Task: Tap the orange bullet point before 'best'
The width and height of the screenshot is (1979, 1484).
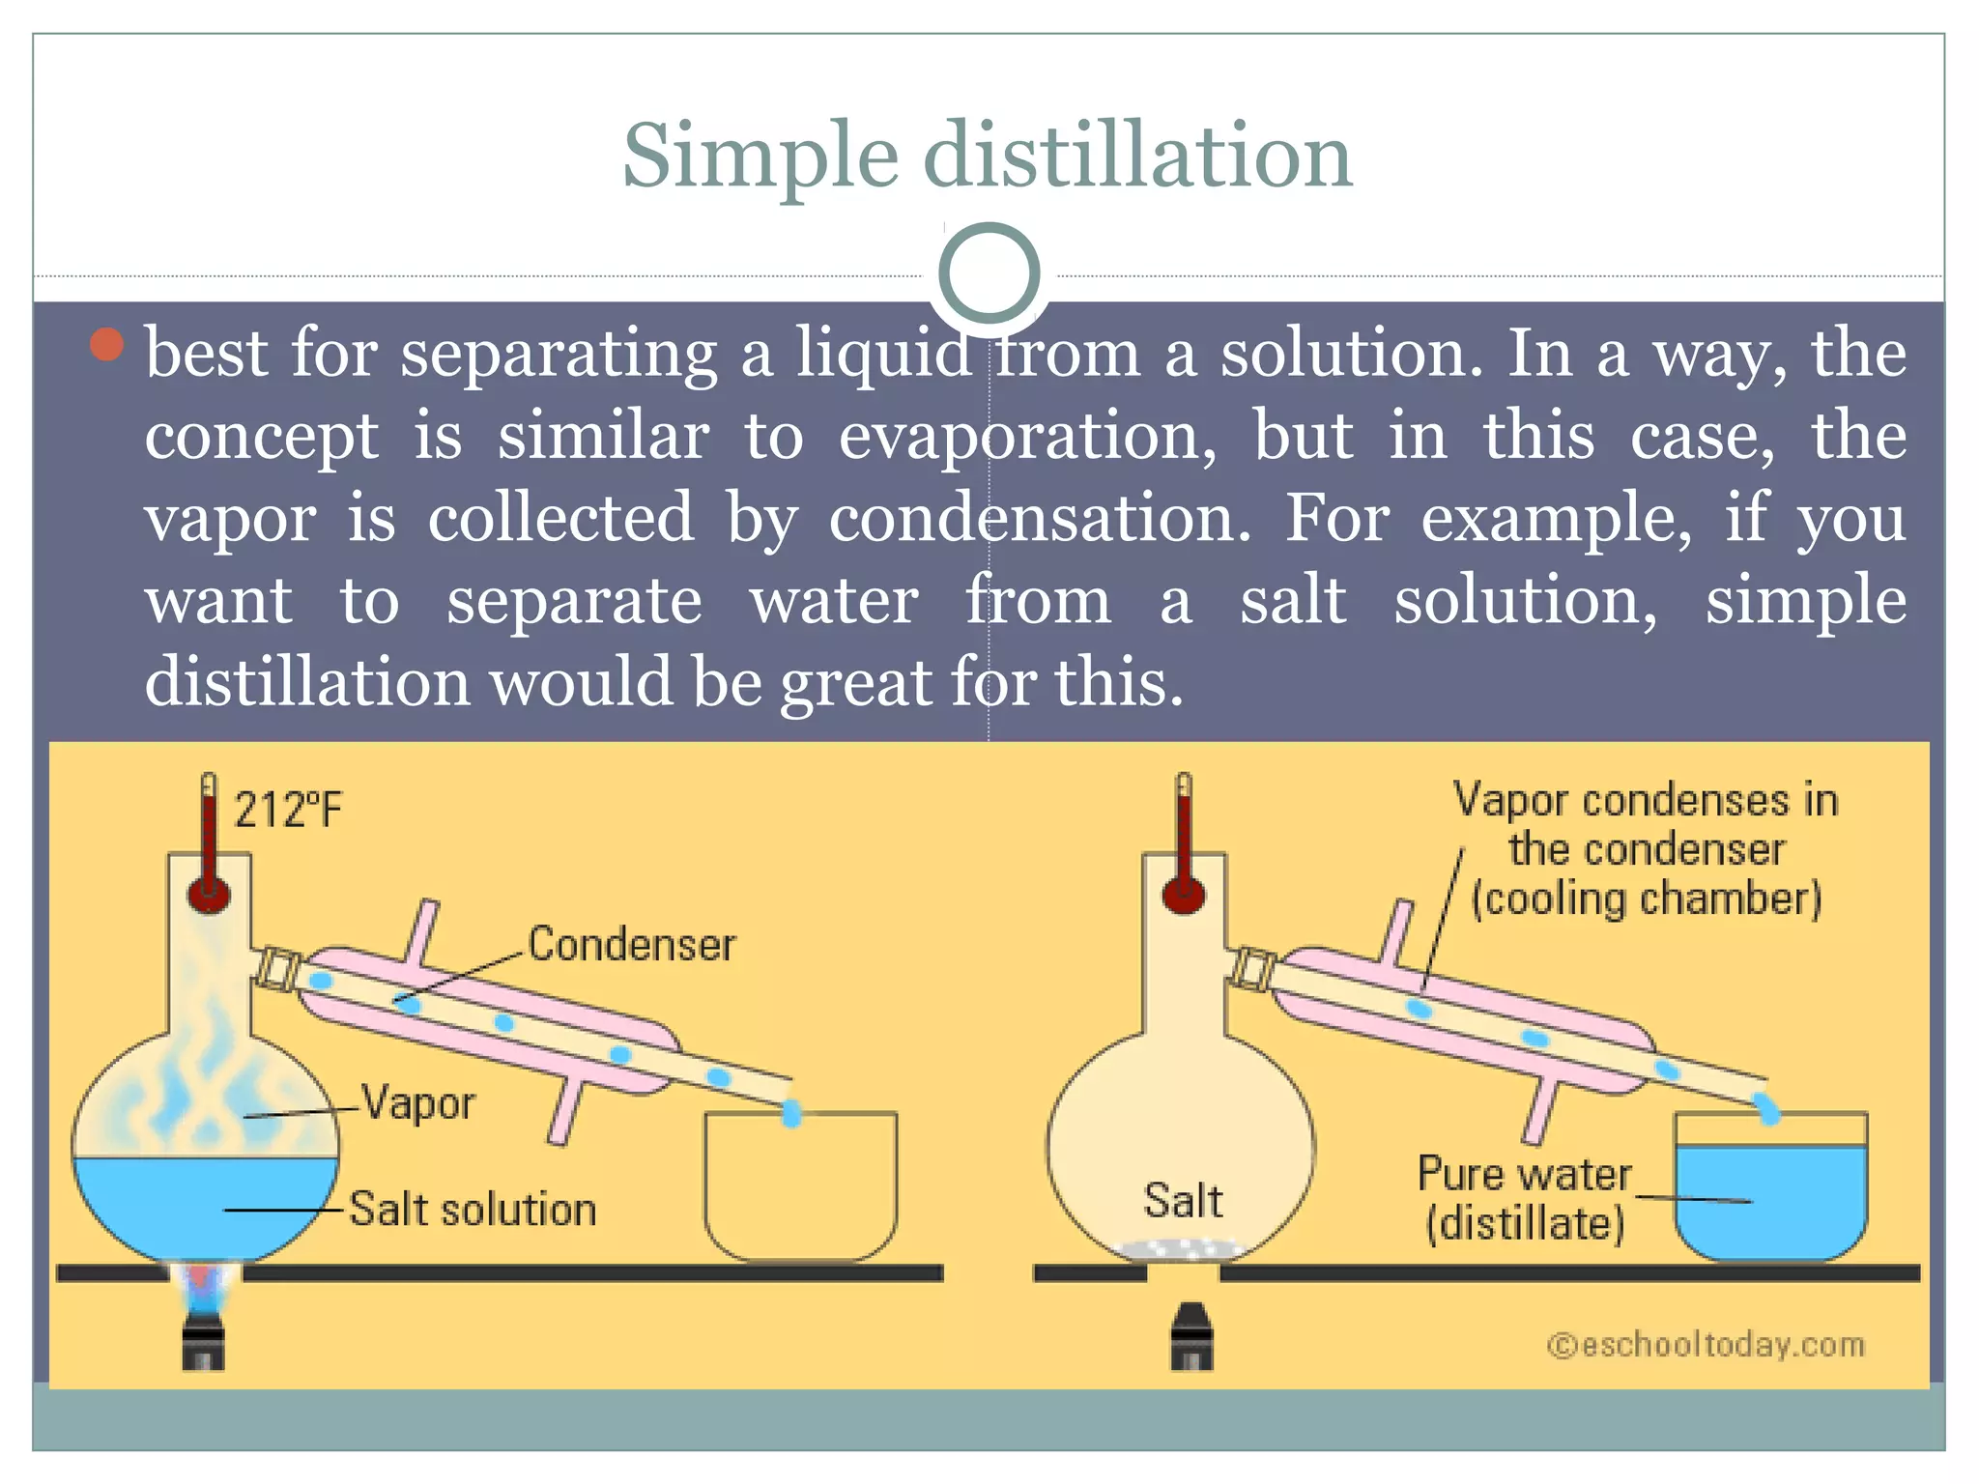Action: click(x=107, y=344)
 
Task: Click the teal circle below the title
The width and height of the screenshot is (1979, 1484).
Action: click(x=989, y=273)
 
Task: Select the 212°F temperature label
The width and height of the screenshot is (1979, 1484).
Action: click(x=288, y=810)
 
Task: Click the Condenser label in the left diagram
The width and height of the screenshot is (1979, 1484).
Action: click(x=631, y=944)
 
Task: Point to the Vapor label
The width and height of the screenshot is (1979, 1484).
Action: click(x=417, y=1103)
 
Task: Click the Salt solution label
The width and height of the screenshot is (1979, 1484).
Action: click(x=473, y=1210)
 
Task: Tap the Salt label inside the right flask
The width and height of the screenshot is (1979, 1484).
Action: click(x=1183, y=1201)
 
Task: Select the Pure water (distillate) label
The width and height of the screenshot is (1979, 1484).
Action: click(x=1524, y=1199)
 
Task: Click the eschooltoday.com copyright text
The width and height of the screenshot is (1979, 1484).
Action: click(x=1707, y=1345)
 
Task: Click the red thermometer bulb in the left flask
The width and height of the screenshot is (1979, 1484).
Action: click(x=209, y=895)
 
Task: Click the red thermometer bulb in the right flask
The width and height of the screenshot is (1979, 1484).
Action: click(x=1184, y=895)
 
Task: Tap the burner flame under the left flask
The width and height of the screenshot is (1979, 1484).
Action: click(x=201, y=1285)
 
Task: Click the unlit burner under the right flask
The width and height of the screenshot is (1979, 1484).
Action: click(x=1191, y=1337)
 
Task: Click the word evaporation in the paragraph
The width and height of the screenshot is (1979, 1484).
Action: click(x=1026, y=437)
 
